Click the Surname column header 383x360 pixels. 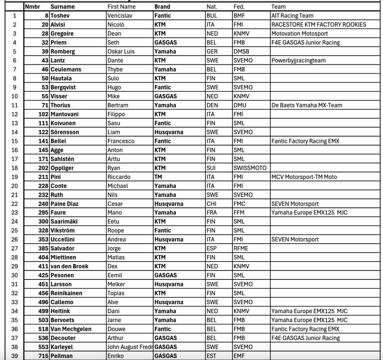tap(62, 6)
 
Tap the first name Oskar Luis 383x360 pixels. tap(120, 51)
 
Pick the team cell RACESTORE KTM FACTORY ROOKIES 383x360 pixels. tap(319, 25)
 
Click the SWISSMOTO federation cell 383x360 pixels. tap(250, 168)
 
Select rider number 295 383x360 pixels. tap(43, 213)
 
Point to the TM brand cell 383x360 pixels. tap(158, 177)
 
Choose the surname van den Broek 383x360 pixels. tap(69, 266)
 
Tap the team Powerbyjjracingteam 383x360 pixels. tap(298, 60)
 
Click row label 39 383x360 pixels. tap(15, 356)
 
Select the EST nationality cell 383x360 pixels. tap(211, 356)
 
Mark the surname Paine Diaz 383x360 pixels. tap(64, 204)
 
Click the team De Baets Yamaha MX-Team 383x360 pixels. tap(307, 105)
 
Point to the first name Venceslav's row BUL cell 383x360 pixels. tap(211, 16)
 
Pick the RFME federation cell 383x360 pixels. tap(240, 248)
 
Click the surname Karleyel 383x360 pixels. tap(62, 347)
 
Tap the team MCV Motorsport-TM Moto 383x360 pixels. tap(304, 177)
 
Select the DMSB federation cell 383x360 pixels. tap(241, 51)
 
